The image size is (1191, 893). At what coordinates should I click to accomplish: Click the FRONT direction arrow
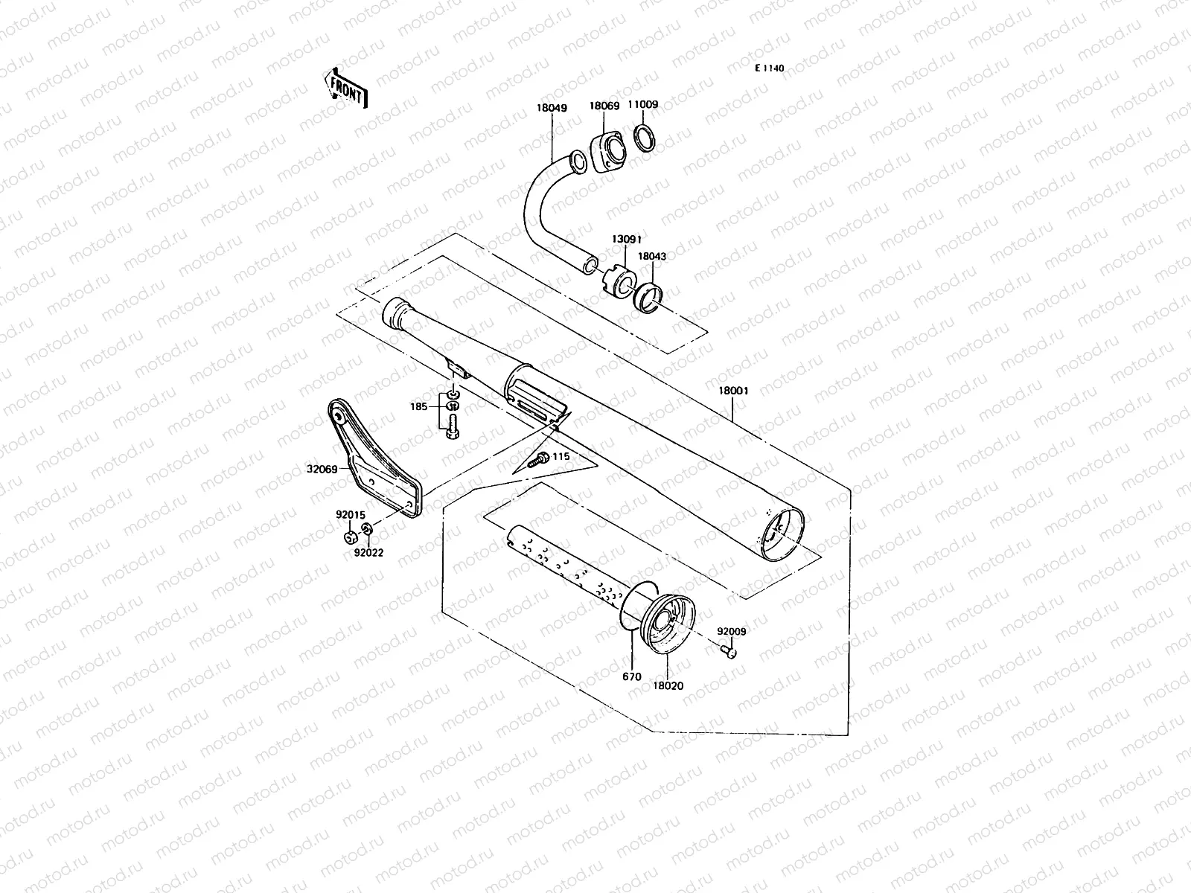click(345, 87)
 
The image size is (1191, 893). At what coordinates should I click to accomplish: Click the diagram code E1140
click(769, 68)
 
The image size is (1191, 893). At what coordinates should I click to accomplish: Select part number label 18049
click(552, 108)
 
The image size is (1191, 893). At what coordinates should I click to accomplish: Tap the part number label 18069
click(604, 106)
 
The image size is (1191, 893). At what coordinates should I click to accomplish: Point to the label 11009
click(642, 105)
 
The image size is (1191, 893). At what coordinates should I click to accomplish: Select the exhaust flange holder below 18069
click(607, 152)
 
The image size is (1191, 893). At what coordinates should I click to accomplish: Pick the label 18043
click(653, 256)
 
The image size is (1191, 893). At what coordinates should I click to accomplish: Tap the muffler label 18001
click(733, 390)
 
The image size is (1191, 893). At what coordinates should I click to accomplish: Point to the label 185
click(419, 407)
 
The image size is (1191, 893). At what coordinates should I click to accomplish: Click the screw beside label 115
click(537, 460)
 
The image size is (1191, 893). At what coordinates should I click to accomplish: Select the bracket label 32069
click(322, 470)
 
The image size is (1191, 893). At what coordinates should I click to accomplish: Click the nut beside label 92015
click(350, 537)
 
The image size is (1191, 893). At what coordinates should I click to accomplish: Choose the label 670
click(631, 677)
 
